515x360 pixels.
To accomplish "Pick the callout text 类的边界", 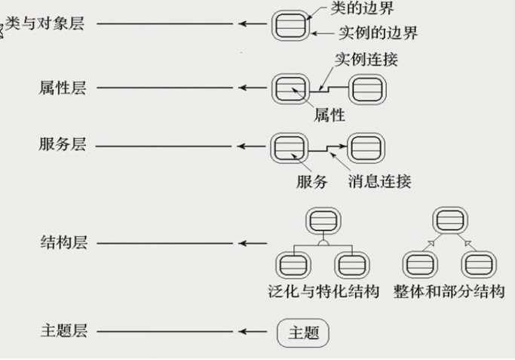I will click(360, 10).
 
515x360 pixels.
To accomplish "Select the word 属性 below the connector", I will click(330, 115).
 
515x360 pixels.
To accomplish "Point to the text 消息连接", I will click(380, 180).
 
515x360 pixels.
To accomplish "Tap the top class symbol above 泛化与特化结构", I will click(323, 222).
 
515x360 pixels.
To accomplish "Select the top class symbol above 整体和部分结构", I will click(449, 222).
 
